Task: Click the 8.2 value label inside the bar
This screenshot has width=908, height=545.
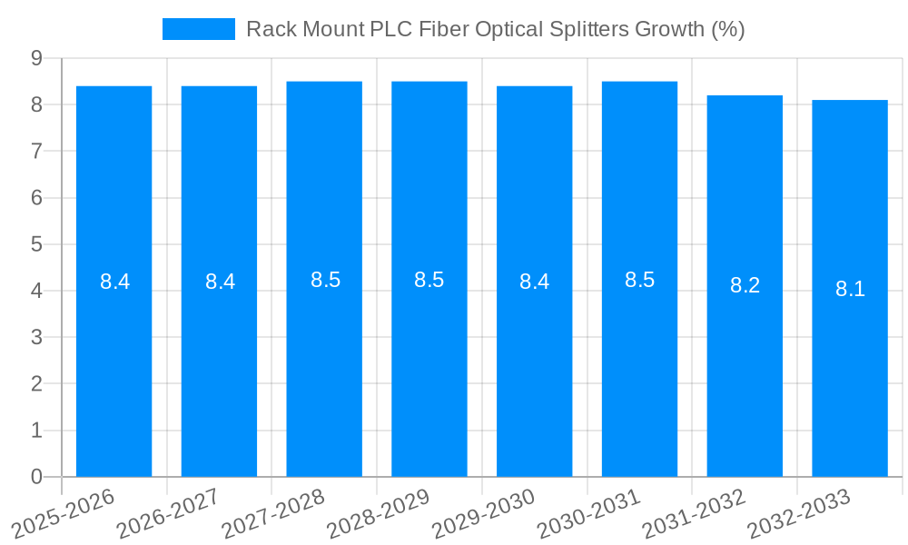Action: [745, 285]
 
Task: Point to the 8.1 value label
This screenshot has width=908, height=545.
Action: [850, 290]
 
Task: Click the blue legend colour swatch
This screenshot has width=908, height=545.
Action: [198, 29]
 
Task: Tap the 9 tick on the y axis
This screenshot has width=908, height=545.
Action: [36, 58]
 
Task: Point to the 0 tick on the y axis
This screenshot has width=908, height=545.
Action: [36, 477]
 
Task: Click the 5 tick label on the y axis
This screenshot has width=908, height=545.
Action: [36, 244]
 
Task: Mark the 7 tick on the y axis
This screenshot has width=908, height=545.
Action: [36, 151]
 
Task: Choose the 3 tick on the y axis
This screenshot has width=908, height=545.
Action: [36, 337]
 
